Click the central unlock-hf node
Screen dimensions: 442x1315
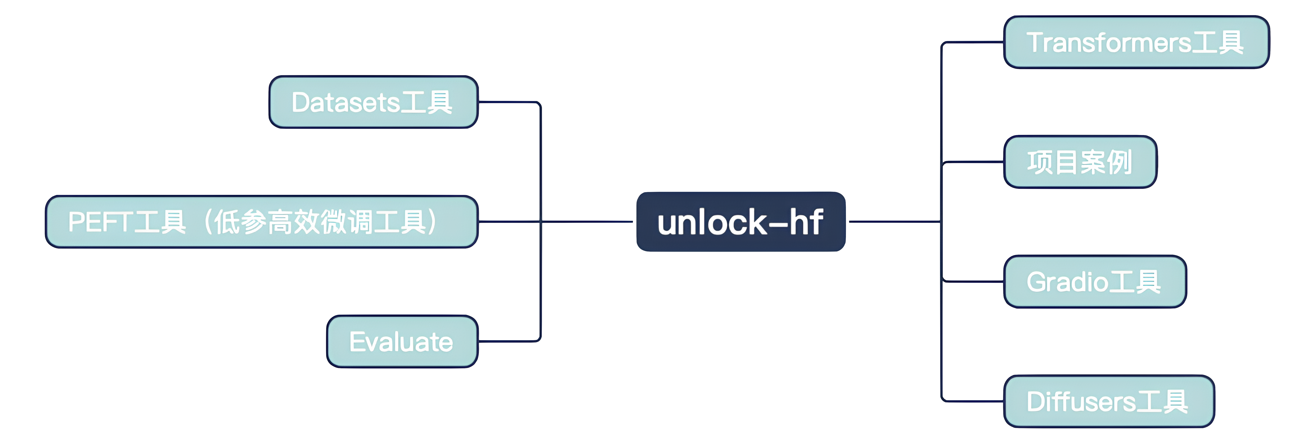click(740, 222)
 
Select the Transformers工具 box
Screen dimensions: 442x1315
click(1136, 42)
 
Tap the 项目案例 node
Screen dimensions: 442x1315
click(1080, 162)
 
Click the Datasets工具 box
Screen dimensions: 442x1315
click(373, 102)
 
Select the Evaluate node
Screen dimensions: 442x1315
click(402, 341)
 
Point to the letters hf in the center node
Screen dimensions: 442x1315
click(806, 222)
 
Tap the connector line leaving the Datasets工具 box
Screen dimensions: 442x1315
click(508, 102)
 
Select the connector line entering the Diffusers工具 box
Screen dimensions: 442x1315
click(972, 401)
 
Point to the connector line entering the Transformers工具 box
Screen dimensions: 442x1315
click(972, 42)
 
